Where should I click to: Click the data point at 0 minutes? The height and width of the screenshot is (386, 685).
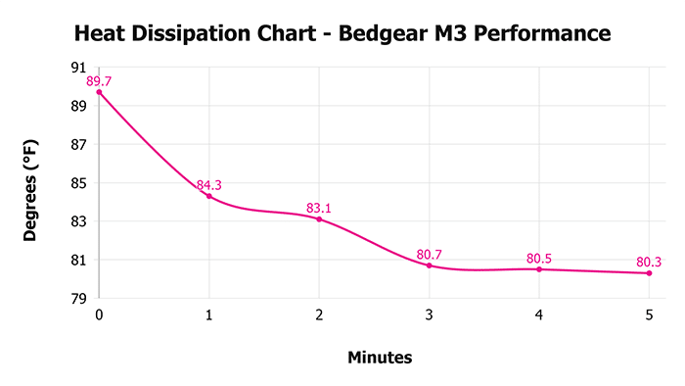[99, 92]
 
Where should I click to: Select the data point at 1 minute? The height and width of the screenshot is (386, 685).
[208, 196]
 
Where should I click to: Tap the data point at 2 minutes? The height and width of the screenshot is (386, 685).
[319, 219]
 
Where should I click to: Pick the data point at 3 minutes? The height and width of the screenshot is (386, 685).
[429, 265]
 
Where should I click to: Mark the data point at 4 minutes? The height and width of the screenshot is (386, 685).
[539, 269]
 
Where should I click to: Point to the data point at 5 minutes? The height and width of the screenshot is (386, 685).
[649, 273]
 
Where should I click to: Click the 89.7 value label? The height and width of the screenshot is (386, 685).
[100, 80]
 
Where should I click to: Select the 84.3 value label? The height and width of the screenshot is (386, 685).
[209, 185]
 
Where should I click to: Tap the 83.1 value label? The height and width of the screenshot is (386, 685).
[319, 208]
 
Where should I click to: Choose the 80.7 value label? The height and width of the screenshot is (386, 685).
[429, 255]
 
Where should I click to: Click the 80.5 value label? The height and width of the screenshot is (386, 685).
[539, 259]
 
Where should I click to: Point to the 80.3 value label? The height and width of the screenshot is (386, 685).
[649, 263]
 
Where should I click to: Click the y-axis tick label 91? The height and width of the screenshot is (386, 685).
[77, 68]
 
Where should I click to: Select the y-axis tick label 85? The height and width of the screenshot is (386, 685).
[77, 183]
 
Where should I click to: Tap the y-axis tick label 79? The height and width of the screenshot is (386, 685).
[77, 299]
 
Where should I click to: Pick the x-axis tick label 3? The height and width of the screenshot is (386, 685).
[429, 315]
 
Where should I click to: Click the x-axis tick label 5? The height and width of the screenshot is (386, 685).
[649, 315]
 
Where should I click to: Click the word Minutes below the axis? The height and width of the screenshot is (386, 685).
[380, 358]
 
